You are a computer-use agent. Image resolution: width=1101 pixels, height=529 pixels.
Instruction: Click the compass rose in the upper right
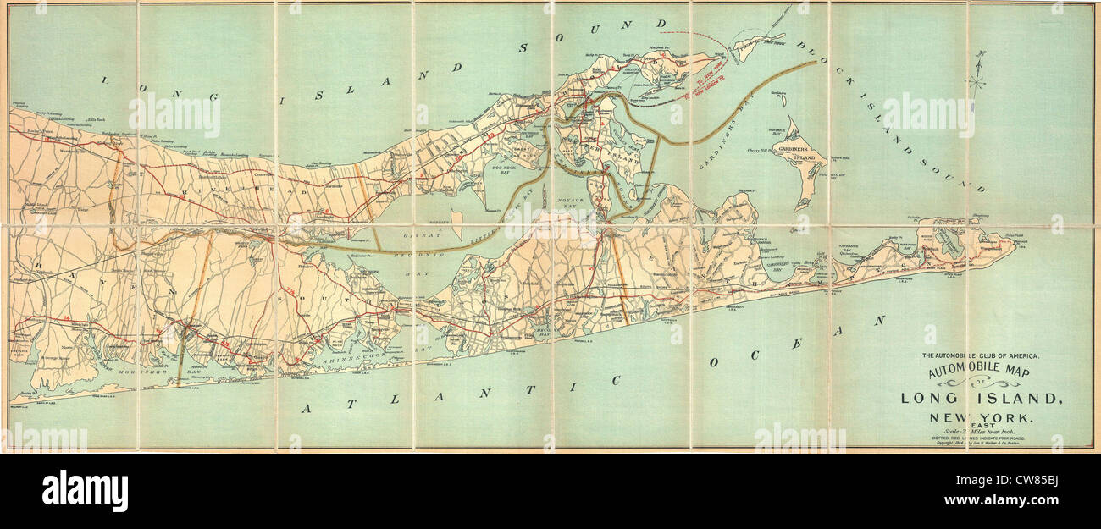point(977,72)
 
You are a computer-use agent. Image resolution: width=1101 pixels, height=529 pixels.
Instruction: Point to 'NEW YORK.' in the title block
point(982,416)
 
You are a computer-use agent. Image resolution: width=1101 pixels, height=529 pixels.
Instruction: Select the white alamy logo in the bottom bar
point(85,491)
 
